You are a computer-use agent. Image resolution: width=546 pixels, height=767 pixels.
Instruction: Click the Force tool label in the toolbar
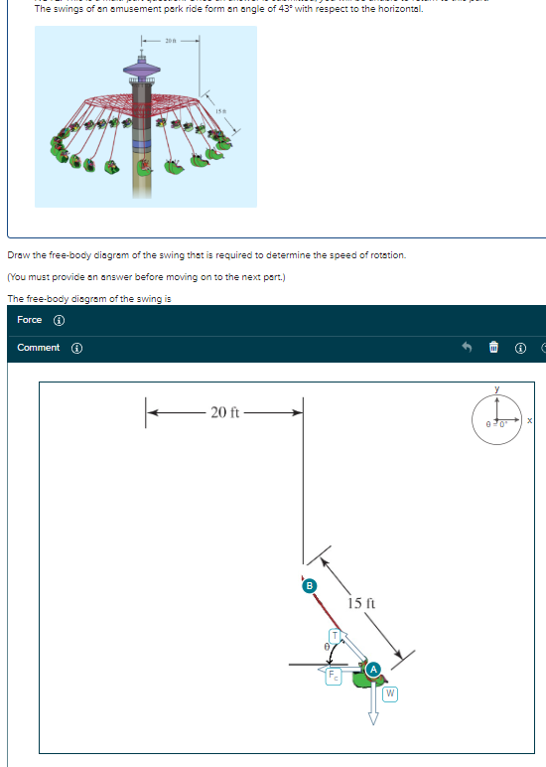[30, 320]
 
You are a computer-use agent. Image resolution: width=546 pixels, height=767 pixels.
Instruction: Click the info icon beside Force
[59, 320]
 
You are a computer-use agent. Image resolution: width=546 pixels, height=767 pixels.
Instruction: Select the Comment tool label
[38, 348]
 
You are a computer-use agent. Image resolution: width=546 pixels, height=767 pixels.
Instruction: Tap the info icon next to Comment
[75, 348]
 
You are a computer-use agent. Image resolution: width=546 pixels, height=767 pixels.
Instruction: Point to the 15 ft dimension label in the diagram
[360, 603]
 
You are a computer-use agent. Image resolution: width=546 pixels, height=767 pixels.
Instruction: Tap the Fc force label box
[335, 676]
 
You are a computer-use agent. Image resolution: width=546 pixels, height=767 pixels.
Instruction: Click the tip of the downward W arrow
[374, 722]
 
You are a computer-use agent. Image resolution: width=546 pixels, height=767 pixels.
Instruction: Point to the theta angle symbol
[322, 646]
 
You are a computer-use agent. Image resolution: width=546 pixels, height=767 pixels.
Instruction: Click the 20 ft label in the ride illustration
[171, 41]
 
